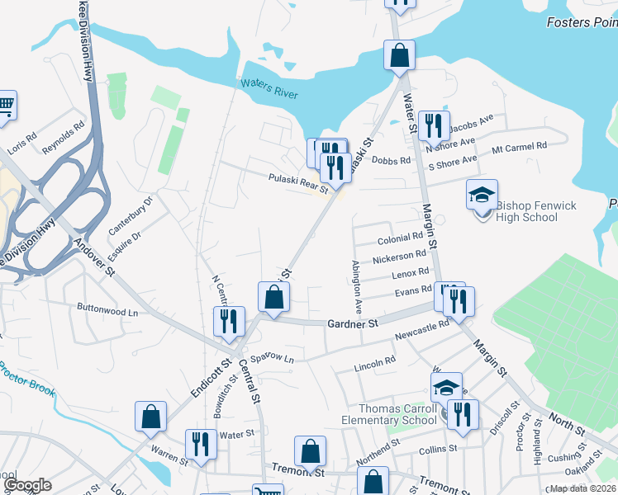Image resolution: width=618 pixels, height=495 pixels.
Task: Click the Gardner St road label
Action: point(350,324)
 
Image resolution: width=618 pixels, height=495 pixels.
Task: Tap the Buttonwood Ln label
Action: point(108,313)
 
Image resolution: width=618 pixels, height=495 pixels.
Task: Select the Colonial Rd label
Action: point(400,238)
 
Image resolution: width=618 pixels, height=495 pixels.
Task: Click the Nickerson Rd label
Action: point(399,257)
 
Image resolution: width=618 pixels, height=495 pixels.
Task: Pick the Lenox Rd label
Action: point(410,272)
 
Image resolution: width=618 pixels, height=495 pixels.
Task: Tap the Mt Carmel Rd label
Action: point(520,146)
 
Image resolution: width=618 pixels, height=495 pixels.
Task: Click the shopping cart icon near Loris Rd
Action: point(4,105)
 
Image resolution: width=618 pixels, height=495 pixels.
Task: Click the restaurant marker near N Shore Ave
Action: point(433,126)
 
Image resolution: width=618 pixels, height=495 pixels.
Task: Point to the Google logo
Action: point(28,485)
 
